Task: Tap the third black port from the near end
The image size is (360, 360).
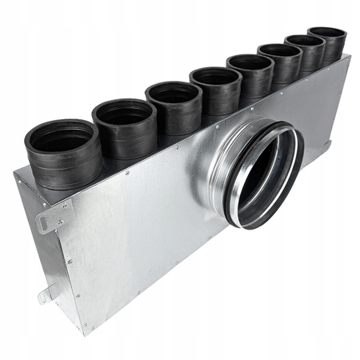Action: tap(173, 108)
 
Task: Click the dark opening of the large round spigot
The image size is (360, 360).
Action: tap(264, 172)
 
